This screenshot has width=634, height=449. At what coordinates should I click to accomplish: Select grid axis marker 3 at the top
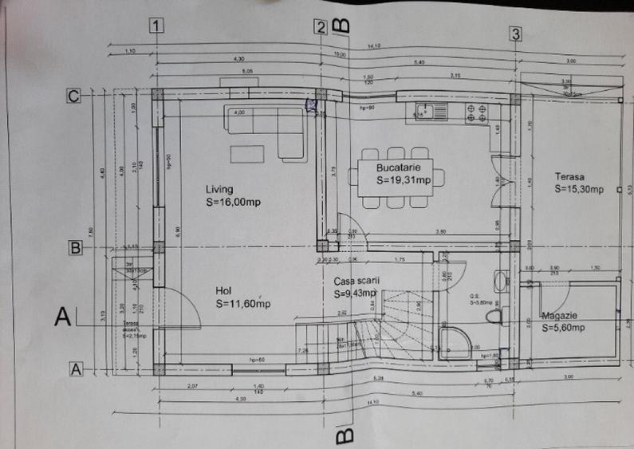[x=516, y=33]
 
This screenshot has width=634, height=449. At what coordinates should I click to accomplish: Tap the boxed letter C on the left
[x=73, y=96]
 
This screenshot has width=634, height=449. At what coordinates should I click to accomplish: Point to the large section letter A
[x=62, y=317]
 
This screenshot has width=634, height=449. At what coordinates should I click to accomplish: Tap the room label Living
[x=219, y=189]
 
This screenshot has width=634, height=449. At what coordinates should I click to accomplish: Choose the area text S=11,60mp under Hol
[x=242, y=304]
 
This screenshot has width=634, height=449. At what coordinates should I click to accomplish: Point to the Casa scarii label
[x=356, y=281]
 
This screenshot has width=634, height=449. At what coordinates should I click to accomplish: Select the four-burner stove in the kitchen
[x=476, y=113]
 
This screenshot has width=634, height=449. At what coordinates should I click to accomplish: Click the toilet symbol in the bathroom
[x=495, y=316]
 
